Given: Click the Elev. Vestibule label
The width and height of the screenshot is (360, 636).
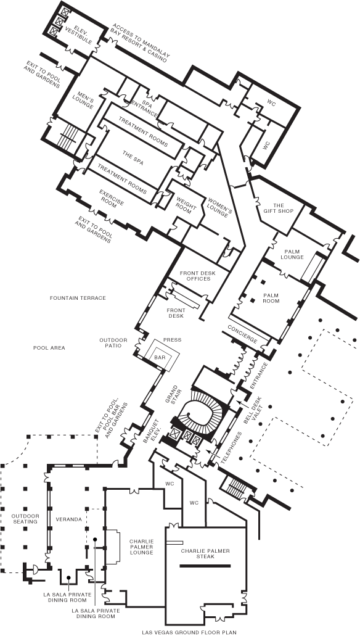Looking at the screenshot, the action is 79,31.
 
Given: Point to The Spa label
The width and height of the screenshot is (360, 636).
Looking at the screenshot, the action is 133,157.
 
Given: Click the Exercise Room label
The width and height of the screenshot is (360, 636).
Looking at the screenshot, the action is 112,199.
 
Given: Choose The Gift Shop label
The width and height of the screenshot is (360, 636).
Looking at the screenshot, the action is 279,208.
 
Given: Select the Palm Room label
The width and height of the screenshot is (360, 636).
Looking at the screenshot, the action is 271,298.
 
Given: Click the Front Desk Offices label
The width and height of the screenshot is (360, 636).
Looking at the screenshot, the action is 195,276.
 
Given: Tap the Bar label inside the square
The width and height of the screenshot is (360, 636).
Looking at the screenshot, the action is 160,357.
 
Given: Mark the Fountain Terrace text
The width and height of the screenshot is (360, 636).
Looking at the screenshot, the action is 78,298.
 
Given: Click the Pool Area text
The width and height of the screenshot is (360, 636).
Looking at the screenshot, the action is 49,347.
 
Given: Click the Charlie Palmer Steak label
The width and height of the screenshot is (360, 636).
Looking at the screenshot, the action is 205,554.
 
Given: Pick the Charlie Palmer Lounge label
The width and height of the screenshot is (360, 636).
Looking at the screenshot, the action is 142,547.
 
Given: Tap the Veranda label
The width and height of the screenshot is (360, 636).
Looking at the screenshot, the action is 68,519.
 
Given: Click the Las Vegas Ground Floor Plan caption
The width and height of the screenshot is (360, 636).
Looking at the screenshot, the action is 182,632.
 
